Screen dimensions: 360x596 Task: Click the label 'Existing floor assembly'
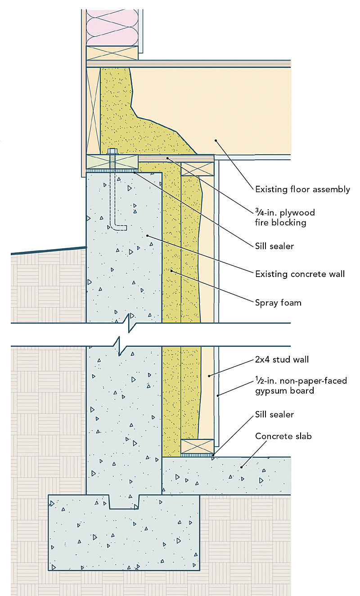[302, 189]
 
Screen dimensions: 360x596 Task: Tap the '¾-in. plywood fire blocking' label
[285, 217]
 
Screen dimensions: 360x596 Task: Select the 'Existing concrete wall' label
[300, 274]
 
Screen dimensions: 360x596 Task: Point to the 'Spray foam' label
[278, 303]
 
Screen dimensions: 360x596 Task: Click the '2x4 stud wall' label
[282, 359]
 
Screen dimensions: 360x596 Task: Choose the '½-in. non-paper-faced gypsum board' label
[301, 385]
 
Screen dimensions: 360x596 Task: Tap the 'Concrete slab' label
[283, 436]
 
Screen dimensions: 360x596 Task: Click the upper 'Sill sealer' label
[274, 246]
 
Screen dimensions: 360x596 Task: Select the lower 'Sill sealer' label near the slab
[274, 414]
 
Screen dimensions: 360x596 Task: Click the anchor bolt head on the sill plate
[112, 152]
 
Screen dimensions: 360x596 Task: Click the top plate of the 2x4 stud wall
[197, 169]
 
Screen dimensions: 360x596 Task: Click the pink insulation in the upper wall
[112, 28]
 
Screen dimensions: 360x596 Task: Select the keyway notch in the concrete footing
[125, 502]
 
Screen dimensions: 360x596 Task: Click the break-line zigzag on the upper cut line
[131, 323]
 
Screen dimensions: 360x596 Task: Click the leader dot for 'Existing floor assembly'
[216, 140]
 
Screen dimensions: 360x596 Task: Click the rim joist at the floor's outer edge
[94, 111]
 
